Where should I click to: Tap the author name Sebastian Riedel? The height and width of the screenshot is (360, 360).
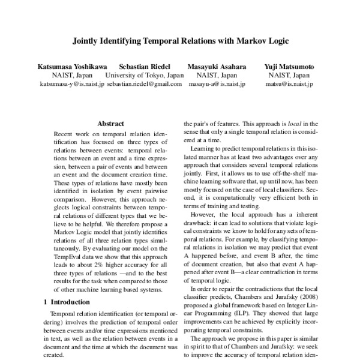point(144,66)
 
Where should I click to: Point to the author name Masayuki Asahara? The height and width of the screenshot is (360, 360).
point(217,66)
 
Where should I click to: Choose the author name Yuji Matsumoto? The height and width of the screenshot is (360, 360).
point(289,66)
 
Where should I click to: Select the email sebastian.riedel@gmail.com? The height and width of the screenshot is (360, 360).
point(144,85)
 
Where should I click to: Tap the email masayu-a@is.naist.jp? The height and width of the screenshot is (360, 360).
point(217,85)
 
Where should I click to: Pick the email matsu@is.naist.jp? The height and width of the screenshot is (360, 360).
point(289,85)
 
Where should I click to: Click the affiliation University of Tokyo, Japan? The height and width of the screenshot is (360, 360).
point(144,76)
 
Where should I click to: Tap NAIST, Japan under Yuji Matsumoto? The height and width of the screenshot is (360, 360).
point(289,76)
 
